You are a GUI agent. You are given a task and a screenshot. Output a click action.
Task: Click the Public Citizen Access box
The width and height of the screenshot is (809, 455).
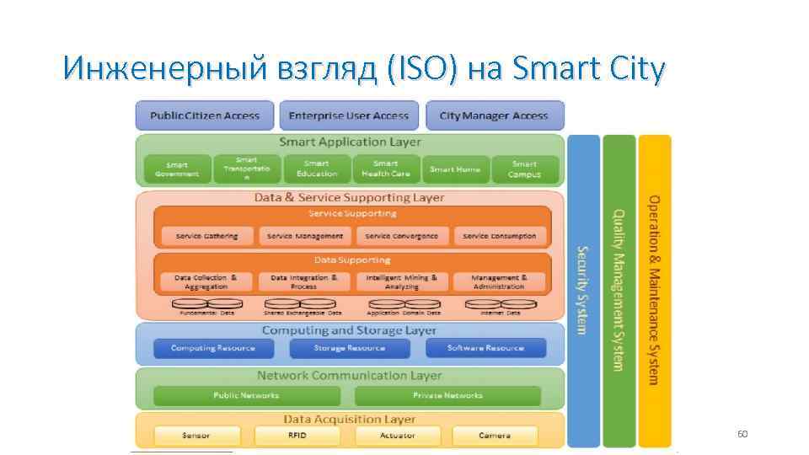205,115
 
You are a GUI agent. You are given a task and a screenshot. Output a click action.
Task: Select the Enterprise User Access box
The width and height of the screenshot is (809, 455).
349,115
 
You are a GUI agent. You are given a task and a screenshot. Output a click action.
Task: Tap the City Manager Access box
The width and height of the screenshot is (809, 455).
494,115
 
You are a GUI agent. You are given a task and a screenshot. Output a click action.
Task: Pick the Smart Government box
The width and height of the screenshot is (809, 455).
177,169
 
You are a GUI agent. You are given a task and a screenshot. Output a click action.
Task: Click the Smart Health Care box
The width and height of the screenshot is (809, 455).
385,169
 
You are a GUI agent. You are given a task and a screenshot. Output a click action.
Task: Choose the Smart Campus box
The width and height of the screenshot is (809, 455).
524,169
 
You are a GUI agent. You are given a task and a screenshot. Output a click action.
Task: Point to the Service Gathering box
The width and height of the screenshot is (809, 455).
206,236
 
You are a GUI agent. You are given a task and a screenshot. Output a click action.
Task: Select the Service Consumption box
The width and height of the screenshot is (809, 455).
499,236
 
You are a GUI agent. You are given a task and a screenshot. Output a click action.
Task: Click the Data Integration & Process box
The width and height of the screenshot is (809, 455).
304,281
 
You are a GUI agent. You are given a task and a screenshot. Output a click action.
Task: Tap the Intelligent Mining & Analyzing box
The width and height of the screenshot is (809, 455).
402,281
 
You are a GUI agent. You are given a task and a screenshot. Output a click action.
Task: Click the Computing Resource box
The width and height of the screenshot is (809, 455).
212,348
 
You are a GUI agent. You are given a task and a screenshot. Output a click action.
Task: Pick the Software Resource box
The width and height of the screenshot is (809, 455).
485,348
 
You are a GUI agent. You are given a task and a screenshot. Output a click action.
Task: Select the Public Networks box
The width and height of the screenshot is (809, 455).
246,395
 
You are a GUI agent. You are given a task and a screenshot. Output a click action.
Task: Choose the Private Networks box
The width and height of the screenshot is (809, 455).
447,395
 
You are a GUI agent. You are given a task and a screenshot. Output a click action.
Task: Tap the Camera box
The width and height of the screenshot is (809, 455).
495,436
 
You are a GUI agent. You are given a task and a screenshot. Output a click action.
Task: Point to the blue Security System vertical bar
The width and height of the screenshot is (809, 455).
583,290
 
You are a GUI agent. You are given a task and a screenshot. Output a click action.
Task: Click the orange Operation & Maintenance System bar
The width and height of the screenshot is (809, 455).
655,290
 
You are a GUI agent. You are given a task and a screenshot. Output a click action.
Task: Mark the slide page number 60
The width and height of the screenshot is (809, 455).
742,434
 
